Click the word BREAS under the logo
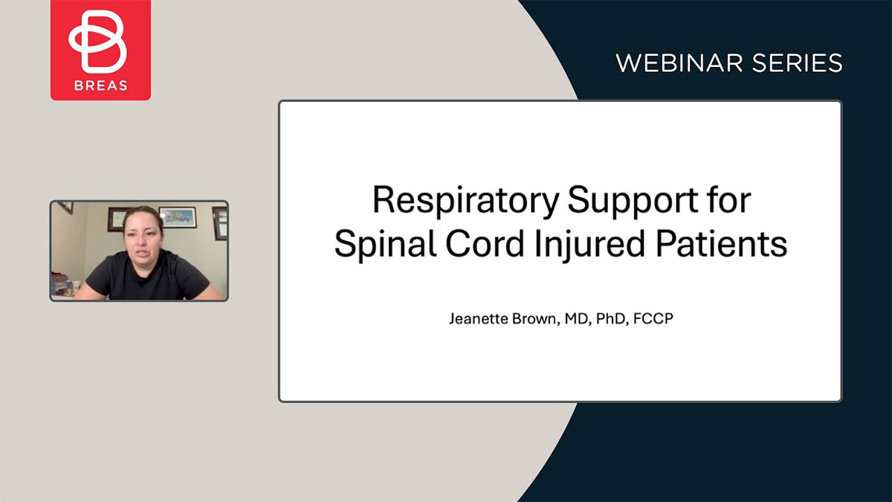click(101, 86)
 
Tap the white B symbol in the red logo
click(97, 42)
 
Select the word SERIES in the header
click(797, 63)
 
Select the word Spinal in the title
click(386, 244)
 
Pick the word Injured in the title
click(589, 244)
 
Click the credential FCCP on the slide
click(653, 319)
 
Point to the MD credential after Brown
click(578, 319)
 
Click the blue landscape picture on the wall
click(178, 217)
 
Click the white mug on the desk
click(76, 286)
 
